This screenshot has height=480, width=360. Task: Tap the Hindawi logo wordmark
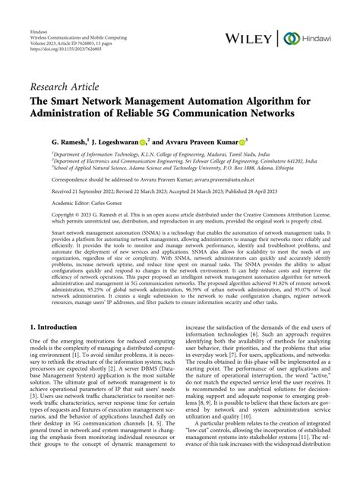323,37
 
